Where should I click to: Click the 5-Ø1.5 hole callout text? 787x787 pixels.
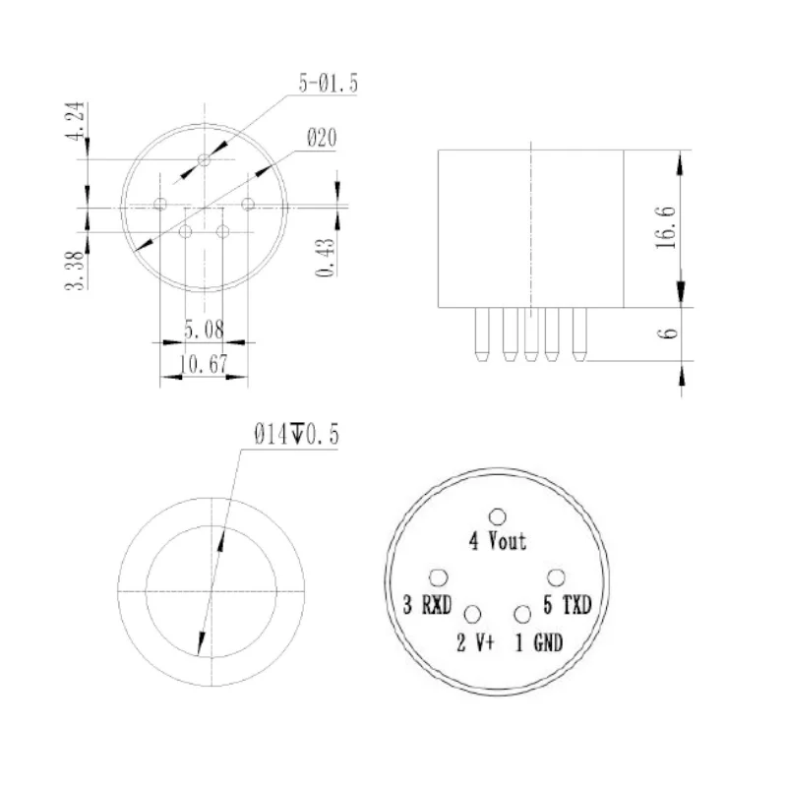329,83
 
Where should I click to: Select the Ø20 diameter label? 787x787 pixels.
322,138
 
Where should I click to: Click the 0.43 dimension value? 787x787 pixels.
325,258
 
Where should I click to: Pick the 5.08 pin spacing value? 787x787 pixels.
204,330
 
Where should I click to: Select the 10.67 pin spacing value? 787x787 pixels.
204,364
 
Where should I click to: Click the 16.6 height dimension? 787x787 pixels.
666,227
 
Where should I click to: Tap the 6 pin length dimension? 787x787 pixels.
667,333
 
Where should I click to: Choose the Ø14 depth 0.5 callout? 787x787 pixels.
297,434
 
